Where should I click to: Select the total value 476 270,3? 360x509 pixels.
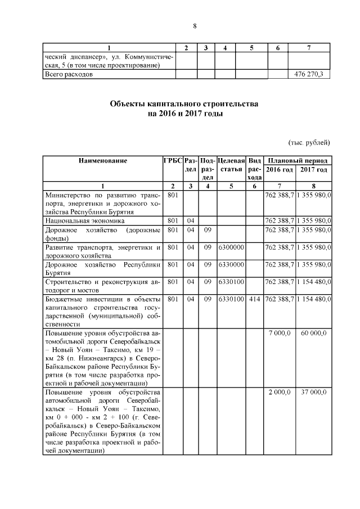coord(309,74)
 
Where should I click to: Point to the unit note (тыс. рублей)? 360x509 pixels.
coord(308,142)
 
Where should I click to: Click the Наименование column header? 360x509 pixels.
coord(103,161)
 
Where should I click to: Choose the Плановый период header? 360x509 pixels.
coord(298,161)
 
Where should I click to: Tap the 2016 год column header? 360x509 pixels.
coord(280,169)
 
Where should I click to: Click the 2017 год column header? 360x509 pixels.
coord(314,169)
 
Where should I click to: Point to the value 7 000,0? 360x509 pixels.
coord(280,334)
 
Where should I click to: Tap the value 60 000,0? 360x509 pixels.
coord(314,334)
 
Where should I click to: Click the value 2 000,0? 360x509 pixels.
coord(280,392)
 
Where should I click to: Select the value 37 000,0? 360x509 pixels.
coord(314,392)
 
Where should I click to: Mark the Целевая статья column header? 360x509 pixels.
coord(231,165)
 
